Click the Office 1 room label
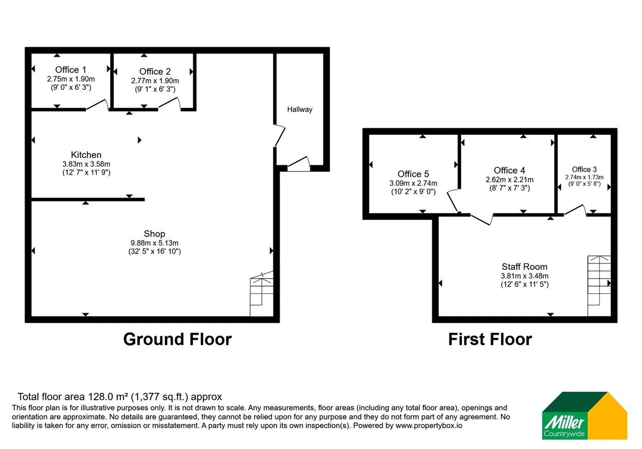[71, 70]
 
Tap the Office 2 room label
[155, 71]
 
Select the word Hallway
[300, 109]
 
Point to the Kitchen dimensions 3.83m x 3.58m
[86, 164]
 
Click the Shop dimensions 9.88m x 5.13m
[154, 243]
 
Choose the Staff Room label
[525, 267]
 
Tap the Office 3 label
[584, 169]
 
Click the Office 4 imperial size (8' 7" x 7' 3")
[510, 188]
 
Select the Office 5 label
[413, 174]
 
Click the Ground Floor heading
[178, 339]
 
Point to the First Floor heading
[490, 339]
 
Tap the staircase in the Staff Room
[599, 286]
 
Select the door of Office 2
[170, 103]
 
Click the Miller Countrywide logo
[584, 415]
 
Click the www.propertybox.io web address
[429, 425]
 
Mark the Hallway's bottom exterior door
[299, 164]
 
